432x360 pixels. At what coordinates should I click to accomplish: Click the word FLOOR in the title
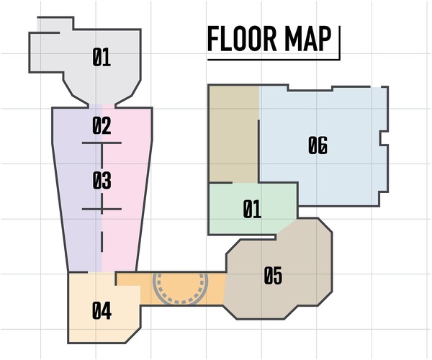tap(242, 39)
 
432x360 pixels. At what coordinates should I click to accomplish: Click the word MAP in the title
tap(307, 39)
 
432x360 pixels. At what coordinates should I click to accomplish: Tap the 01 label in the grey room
tap(102, 57)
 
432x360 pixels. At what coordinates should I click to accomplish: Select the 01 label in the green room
tap(252, 209)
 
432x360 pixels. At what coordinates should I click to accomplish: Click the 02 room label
tap(102, 125)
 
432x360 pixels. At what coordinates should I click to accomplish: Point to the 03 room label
tap(102, 181)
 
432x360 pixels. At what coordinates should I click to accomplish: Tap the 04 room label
tap(102, 311)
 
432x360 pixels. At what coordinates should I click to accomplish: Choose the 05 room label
tap(273, 276)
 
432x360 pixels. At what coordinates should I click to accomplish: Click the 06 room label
tap(318, 145)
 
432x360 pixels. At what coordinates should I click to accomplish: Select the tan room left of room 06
tap(234, 134)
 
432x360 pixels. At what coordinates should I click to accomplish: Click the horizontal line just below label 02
tap(102, 143)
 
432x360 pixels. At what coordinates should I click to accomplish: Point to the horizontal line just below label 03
tap(102, 209)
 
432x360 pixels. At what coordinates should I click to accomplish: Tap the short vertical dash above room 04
tap(102, 242)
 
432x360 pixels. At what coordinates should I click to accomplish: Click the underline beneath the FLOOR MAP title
tap(274, 59)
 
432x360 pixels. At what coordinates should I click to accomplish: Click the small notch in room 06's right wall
tap(384, 138)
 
